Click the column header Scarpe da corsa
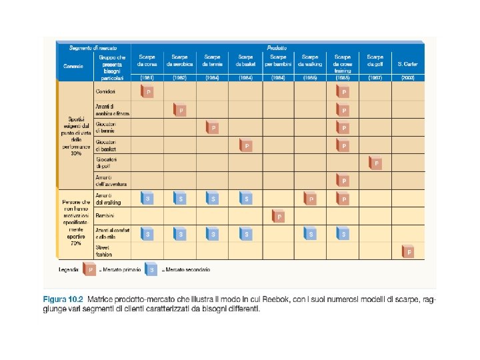147,61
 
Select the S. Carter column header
407,64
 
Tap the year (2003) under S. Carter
407,77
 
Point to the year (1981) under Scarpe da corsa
147,77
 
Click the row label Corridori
106,91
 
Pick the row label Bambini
105,216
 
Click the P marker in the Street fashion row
409,251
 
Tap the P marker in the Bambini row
278,216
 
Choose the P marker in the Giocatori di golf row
375,162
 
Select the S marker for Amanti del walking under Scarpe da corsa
147,198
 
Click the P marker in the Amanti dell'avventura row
343,180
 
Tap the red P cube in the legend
89,269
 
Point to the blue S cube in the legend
153,269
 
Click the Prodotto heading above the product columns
277,48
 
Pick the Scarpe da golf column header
375,61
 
